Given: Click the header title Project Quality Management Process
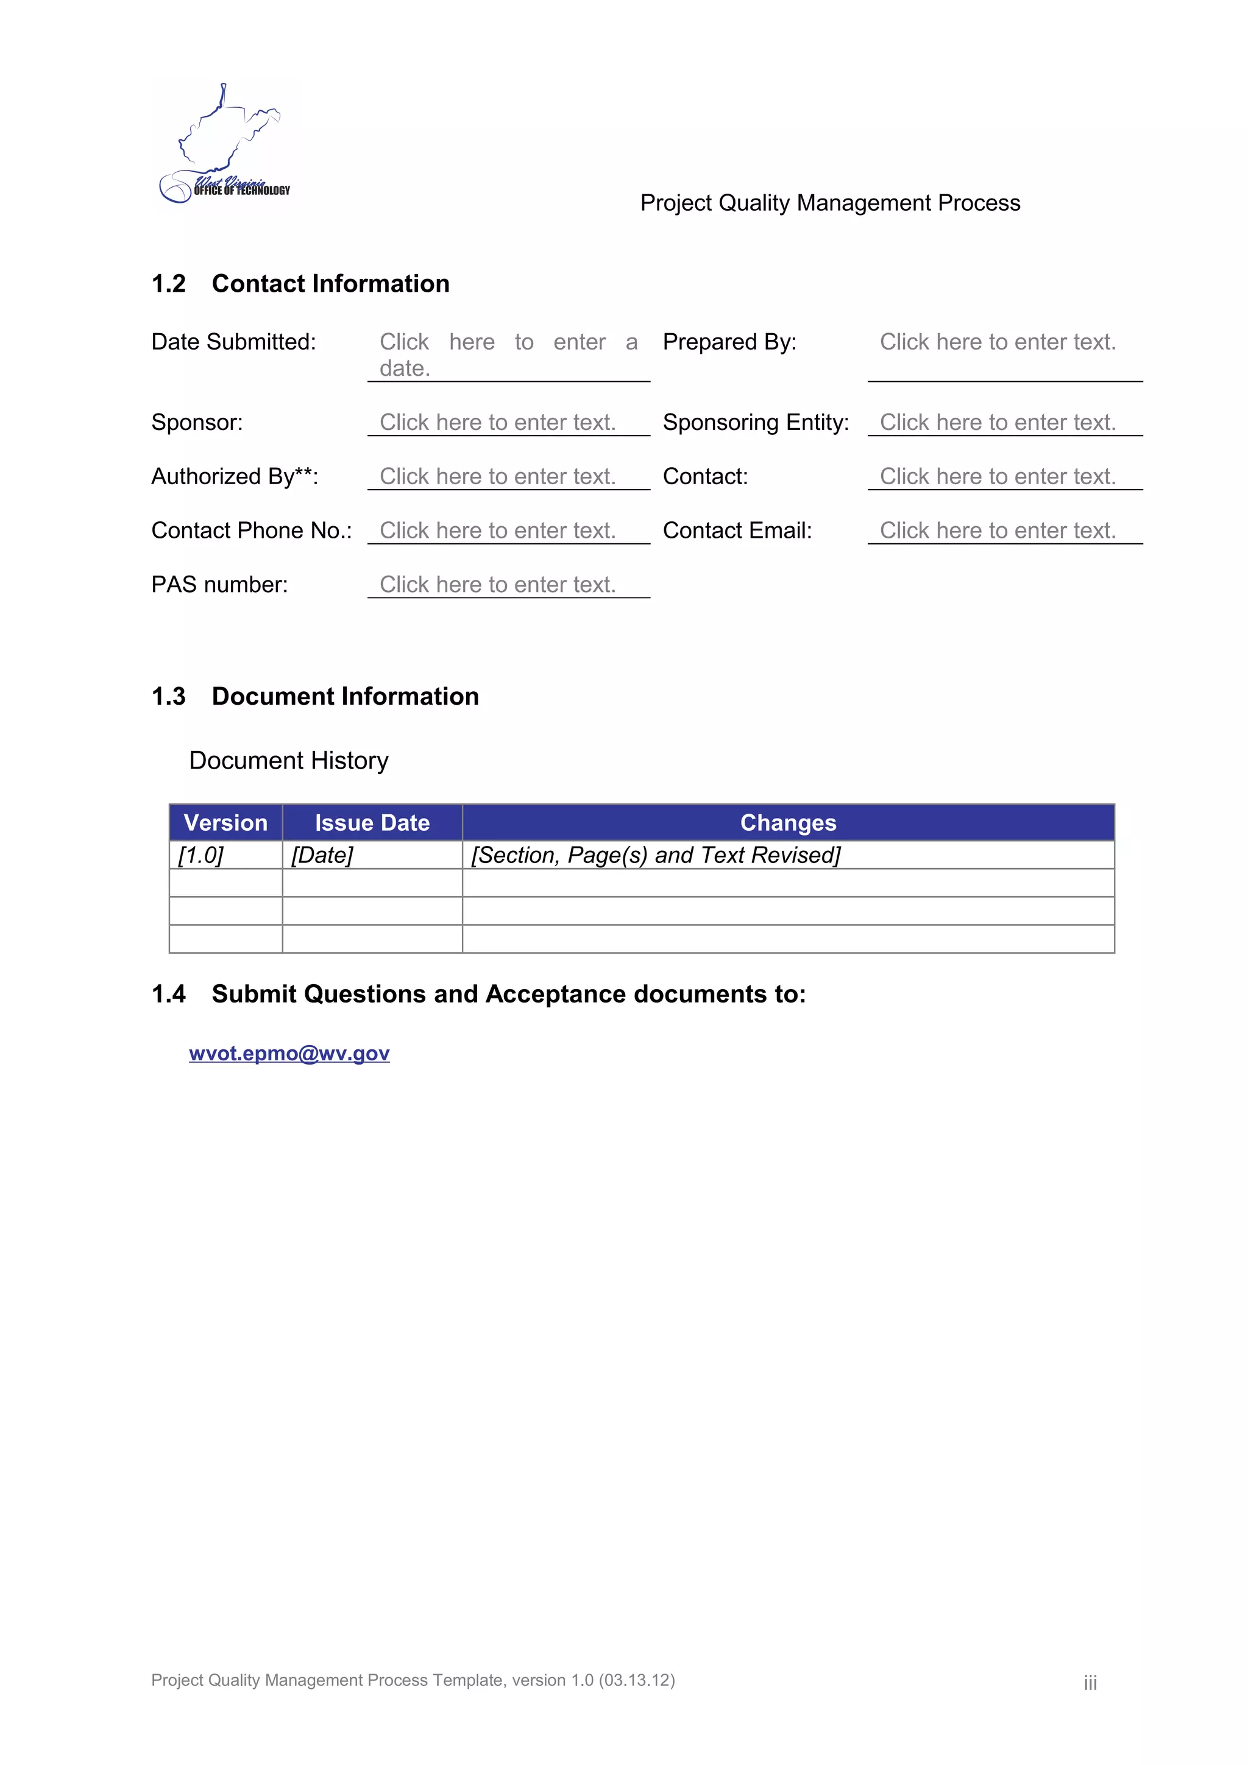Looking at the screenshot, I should tap(830, 203).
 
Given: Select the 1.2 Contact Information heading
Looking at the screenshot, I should tap(300, 284).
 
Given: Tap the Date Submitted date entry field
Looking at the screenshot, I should tap(508, 354).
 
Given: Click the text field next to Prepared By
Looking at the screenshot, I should tap(998, 342).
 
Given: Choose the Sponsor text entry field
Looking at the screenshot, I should tap(497, 422).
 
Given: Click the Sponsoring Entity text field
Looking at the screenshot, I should tap(998, 422).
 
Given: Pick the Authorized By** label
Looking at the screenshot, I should tap(235, 477).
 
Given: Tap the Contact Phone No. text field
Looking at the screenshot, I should tap(497, 530).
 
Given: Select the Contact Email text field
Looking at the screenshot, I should tap(998, 530).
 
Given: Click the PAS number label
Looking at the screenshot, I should tap(219, 585).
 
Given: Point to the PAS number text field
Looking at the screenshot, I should tap(497, 585).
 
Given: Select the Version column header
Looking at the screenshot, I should tap(225, 823).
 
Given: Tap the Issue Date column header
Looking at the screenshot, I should tap(372, 823).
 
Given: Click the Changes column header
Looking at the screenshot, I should tap(788, 823).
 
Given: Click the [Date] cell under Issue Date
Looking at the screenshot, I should tap(322, 855).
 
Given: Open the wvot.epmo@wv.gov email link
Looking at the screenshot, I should tap(289, 1053).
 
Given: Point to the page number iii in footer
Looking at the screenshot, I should tap(1090, 1683).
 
